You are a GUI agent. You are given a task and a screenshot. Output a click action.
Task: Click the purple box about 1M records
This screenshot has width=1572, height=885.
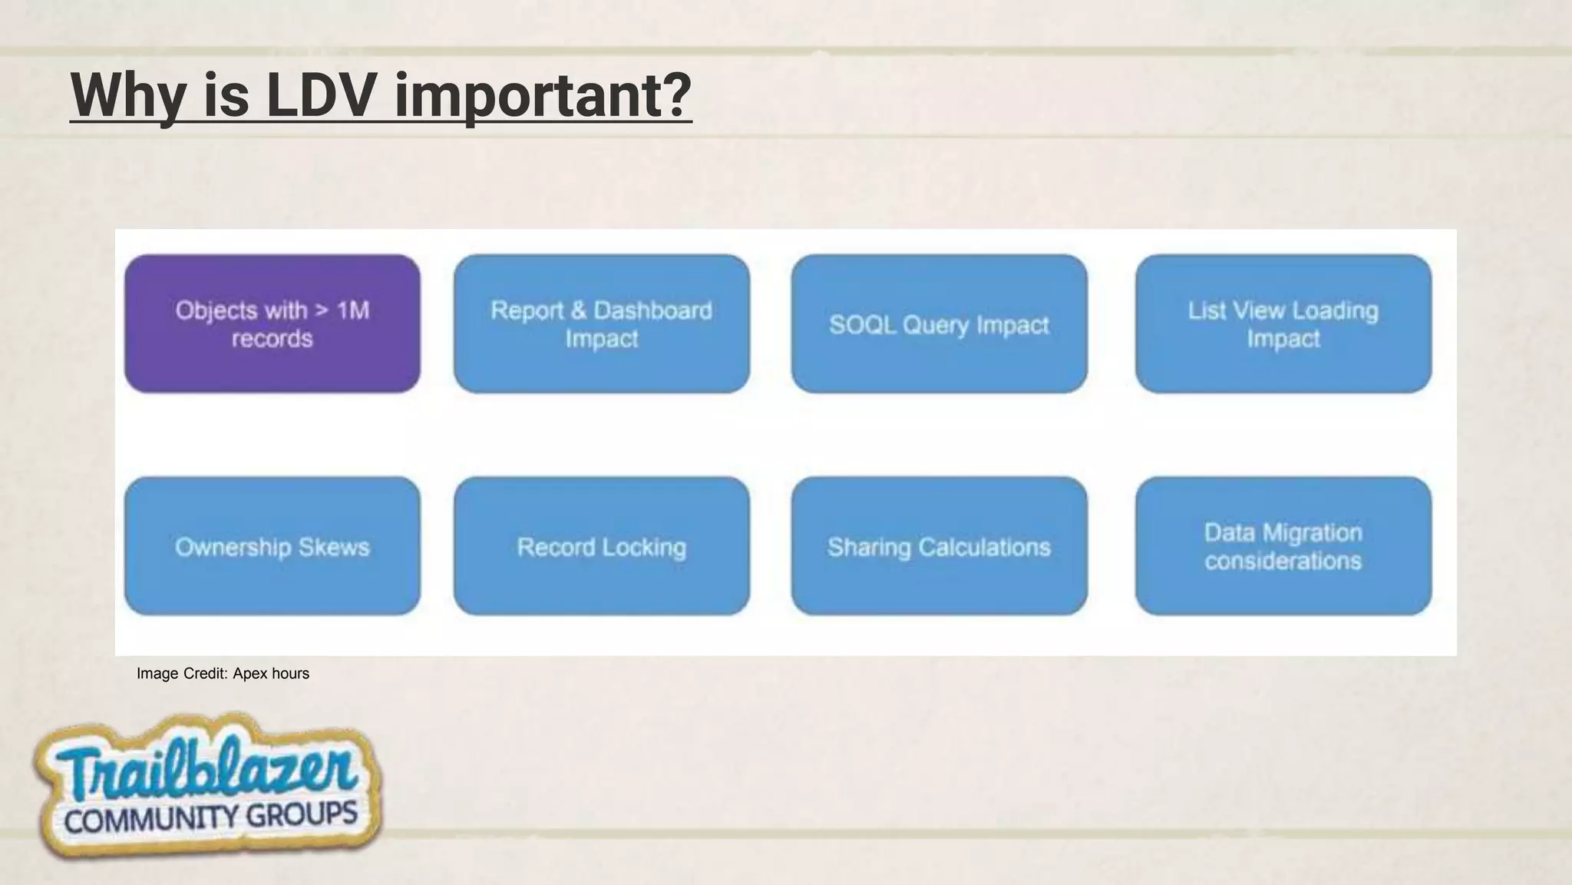point(272,323)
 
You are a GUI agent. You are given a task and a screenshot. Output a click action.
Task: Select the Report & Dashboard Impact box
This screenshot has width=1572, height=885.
point(601,323)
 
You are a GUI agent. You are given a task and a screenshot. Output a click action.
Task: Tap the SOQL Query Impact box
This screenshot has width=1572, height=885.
point(939,323)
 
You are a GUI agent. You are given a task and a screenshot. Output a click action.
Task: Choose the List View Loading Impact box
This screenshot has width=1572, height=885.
point(1283,323)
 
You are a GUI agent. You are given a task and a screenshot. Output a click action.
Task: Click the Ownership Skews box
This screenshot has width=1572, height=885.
point(272,546)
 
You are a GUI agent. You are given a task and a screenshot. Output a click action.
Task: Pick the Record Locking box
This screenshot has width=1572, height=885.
point(601,546)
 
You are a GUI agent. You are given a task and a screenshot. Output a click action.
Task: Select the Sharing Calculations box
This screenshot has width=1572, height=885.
point(939,546)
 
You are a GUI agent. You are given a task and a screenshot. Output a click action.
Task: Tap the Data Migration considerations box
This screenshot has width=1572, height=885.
point(1283,546)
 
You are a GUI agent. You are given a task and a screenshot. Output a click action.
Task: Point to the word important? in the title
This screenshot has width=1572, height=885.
point(543,95)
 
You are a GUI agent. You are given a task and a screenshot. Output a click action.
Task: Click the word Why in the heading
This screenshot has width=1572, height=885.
point(128,95)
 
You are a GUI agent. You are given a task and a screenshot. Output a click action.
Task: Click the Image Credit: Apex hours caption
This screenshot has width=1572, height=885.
point(223,674)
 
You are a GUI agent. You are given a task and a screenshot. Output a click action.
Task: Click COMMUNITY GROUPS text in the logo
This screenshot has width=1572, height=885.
point(210,817)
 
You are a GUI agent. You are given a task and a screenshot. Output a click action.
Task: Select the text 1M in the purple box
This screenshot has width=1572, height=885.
point(353,310)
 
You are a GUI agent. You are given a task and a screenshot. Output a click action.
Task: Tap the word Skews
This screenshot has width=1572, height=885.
point(334,547)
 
